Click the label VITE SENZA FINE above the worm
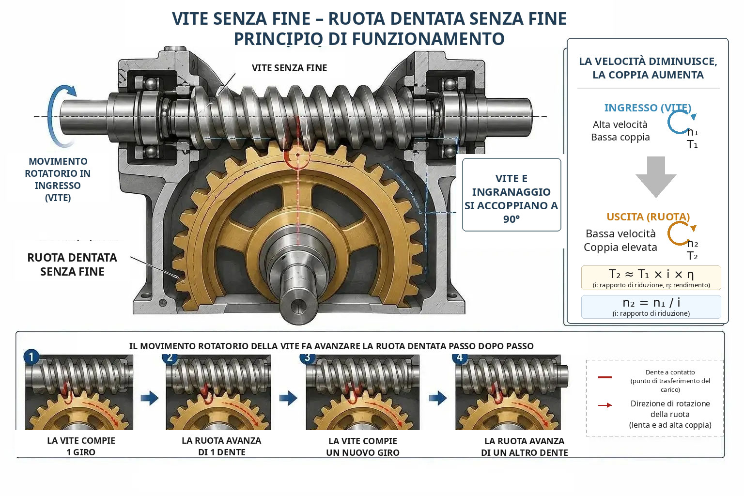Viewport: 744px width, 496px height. (289, 68)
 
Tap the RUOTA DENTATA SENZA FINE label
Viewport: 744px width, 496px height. (72, 264)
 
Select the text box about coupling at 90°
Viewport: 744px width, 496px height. (511, 195)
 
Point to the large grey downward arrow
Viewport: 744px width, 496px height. (656, 177)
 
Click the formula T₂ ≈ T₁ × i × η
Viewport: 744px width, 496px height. (651, 275)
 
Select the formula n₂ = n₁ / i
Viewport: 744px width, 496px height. (651, 303)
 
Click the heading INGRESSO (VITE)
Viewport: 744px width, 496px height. (647, 108)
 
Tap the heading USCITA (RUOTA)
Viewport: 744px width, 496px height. (648, 217)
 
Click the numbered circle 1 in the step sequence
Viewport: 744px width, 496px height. (31, 357)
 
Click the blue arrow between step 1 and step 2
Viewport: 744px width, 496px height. (150, 398)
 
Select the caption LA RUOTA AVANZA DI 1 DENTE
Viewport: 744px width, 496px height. (221, 446)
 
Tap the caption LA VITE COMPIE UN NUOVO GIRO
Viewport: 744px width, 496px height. (363, 447)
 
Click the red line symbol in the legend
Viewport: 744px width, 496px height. (605, 377)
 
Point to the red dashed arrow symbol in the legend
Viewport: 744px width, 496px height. (605, 405)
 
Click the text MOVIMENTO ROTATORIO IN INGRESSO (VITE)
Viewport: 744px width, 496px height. (58, 179)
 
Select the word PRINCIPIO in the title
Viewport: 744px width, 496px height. (278, 39)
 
